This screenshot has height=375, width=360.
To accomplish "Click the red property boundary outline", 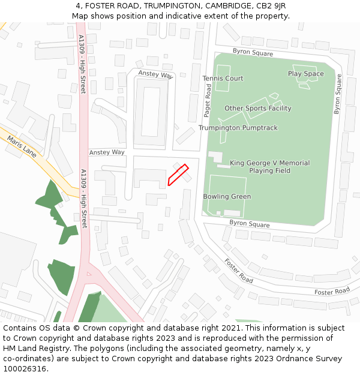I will click(178, 175).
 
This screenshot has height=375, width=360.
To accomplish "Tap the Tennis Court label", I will click(223, 79).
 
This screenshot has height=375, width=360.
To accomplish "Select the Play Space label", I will click(305, 74).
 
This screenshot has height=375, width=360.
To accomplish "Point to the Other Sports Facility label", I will click(258, 109).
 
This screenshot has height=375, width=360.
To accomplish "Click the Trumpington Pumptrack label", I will click(238, 128).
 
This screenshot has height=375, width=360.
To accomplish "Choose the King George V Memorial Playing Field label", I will click(270, 167).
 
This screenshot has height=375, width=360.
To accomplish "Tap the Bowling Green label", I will click(227, 197).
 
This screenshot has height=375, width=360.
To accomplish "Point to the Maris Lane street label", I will click(22, 146).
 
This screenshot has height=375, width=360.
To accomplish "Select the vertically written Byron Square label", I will click(337, 94).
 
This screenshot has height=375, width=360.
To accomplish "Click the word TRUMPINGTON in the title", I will click(173, 6).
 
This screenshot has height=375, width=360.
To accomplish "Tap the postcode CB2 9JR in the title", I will click(272, 6).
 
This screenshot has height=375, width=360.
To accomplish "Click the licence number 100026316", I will click(25, 368).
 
